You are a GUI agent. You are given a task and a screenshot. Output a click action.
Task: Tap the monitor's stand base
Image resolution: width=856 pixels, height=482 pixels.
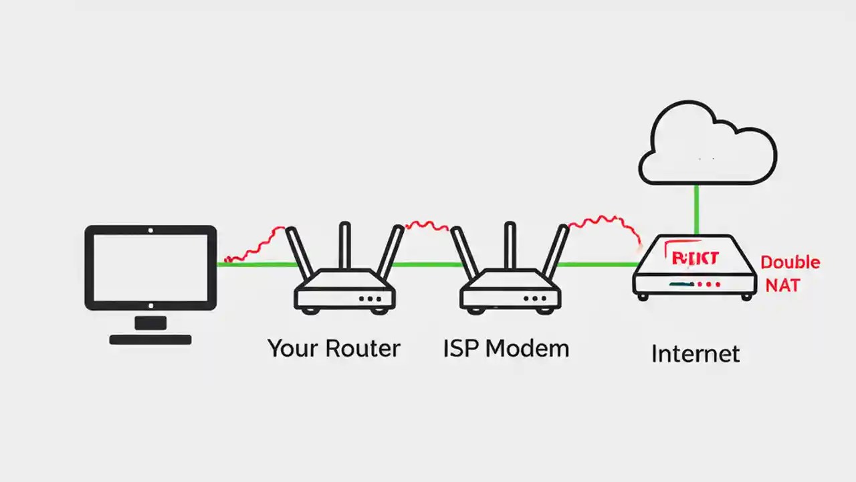click(x=150, y=339)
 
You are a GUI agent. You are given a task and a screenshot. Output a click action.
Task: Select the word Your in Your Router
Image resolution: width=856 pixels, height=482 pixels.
click(x=293, y=349)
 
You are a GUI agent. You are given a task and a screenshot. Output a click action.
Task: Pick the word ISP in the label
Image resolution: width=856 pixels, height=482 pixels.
click(x=461, y=349)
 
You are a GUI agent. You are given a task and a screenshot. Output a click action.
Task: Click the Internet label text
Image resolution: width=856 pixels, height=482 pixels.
click(x=695, y=353)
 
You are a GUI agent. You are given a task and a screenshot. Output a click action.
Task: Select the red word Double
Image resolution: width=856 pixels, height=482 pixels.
click(x=790, y=262)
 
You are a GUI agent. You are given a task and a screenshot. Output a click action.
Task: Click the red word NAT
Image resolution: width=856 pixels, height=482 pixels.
click(x=782, y=285)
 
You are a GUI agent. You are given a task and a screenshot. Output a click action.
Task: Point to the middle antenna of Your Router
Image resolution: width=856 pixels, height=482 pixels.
click(x=344, y=245)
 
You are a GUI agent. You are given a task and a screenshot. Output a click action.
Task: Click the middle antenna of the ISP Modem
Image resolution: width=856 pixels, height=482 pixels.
click(x=510, y=245)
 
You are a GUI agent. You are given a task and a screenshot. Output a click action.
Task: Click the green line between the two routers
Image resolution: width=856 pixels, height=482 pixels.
click(x=425, y=264)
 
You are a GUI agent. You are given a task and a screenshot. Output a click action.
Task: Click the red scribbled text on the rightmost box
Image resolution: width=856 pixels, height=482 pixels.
click(x=694, y=258)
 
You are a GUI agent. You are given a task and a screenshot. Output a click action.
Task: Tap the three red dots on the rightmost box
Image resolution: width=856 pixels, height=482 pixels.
click(x=709, y=285)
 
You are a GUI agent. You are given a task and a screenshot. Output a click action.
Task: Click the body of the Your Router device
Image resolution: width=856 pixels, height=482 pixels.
click(x=344, y=288)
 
